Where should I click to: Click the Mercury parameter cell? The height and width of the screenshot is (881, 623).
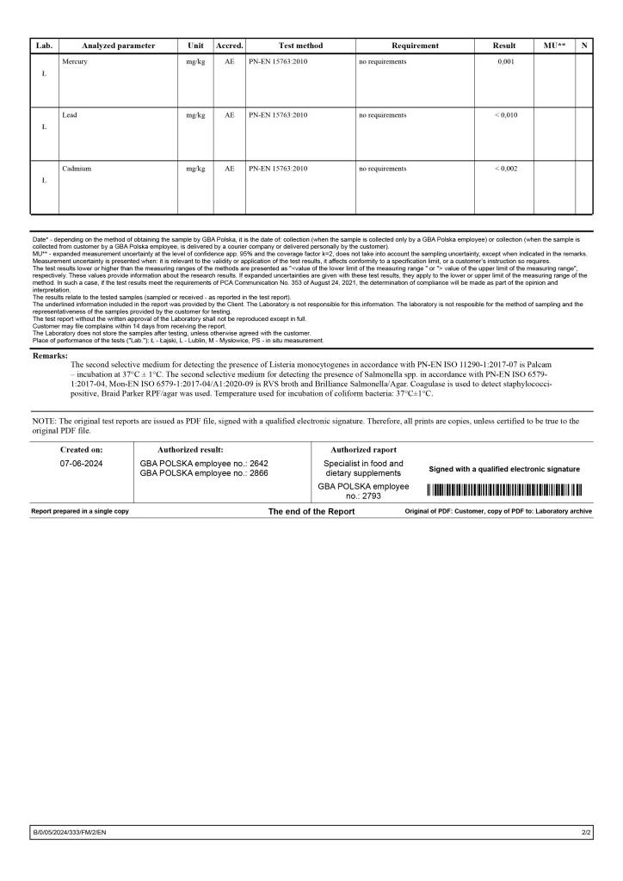coord(74,62)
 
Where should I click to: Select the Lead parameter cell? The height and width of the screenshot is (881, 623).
coord(69,115)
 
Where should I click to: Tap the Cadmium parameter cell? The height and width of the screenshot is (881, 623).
coord(76,169)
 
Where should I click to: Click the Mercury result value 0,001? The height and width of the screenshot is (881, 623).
coord(504,62)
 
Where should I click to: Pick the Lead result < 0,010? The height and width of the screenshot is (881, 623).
coord(505,115)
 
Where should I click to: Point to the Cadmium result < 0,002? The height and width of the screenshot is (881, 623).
coord(505,169)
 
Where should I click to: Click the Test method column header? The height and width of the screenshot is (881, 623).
coord(301,46)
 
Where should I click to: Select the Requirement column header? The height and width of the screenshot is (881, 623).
coord(415,46)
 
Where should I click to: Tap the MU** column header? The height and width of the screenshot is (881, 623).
coord(555,46)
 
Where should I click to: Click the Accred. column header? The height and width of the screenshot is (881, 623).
coord(229,46)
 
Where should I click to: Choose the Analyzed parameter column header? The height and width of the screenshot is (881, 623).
coord(119,46)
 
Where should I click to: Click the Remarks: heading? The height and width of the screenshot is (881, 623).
coord(50,354)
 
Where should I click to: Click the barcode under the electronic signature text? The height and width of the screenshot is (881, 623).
coord(504,490)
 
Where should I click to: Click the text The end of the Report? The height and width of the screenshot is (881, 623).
coord(311,511)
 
